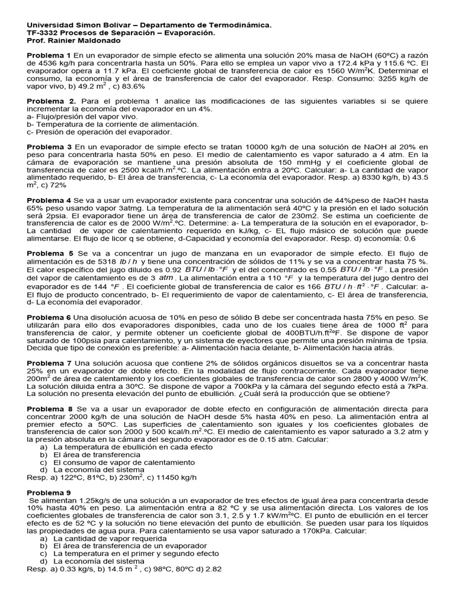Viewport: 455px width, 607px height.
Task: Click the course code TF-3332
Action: point(44,33)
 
